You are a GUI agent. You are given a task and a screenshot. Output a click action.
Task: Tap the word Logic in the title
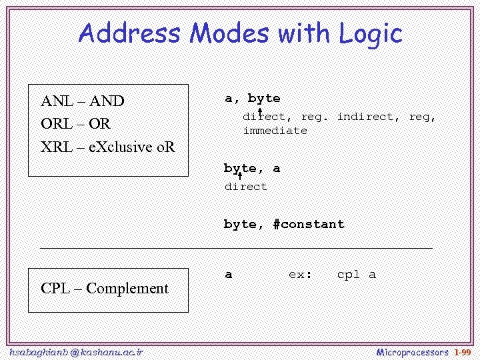(x=370, y=34)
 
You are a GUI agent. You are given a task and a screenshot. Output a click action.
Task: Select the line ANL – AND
(x=82, y=101)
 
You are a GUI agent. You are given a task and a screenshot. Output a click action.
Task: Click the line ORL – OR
(x=75, y=124)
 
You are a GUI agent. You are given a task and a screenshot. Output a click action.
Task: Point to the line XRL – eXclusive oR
(x=107, y=147)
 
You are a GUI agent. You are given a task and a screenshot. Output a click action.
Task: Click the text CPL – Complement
(x=105, y=289)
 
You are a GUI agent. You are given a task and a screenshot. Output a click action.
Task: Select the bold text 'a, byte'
(x=252, y=99)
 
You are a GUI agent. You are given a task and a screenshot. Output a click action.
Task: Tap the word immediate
(x=275, y=131)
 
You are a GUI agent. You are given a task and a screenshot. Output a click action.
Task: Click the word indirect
(x=365, y=117)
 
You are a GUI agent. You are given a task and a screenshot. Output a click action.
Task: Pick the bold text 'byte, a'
(x=252, y=169)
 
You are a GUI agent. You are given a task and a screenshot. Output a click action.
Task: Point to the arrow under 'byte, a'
(x=239, y=176)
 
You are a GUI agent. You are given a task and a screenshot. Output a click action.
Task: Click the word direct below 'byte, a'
(x=245, y=187)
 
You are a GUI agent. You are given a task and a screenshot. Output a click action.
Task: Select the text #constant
(x=309, y=225)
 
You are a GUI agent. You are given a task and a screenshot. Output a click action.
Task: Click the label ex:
(x=300, y=274)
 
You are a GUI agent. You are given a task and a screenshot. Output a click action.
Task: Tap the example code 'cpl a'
(x=356, y=274)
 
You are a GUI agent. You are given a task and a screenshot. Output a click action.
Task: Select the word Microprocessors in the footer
(x=412, y=351)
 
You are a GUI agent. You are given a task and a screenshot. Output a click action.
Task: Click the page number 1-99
(x=462, y=351)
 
